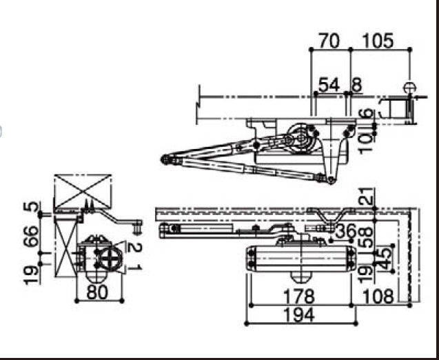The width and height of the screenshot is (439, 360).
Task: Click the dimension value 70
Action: [x=329, y=41]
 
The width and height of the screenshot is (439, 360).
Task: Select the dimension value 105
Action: [x=378, y=41]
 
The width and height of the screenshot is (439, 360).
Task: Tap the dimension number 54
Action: [x=329, y=85]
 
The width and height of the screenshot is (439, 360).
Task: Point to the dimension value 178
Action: [x=299, y=297]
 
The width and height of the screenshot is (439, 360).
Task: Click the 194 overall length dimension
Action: [x=299, y=315]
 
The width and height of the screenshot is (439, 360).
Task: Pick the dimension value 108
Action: [x=378, y=297]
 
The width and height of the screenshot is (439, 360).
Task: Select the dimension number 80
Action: [x=97, y=292]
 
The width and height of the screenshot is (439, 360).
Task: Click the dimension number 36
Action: [x=345, y=232]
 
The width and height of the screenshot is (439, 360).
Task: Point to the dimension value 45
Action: [x=385, y=259]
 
